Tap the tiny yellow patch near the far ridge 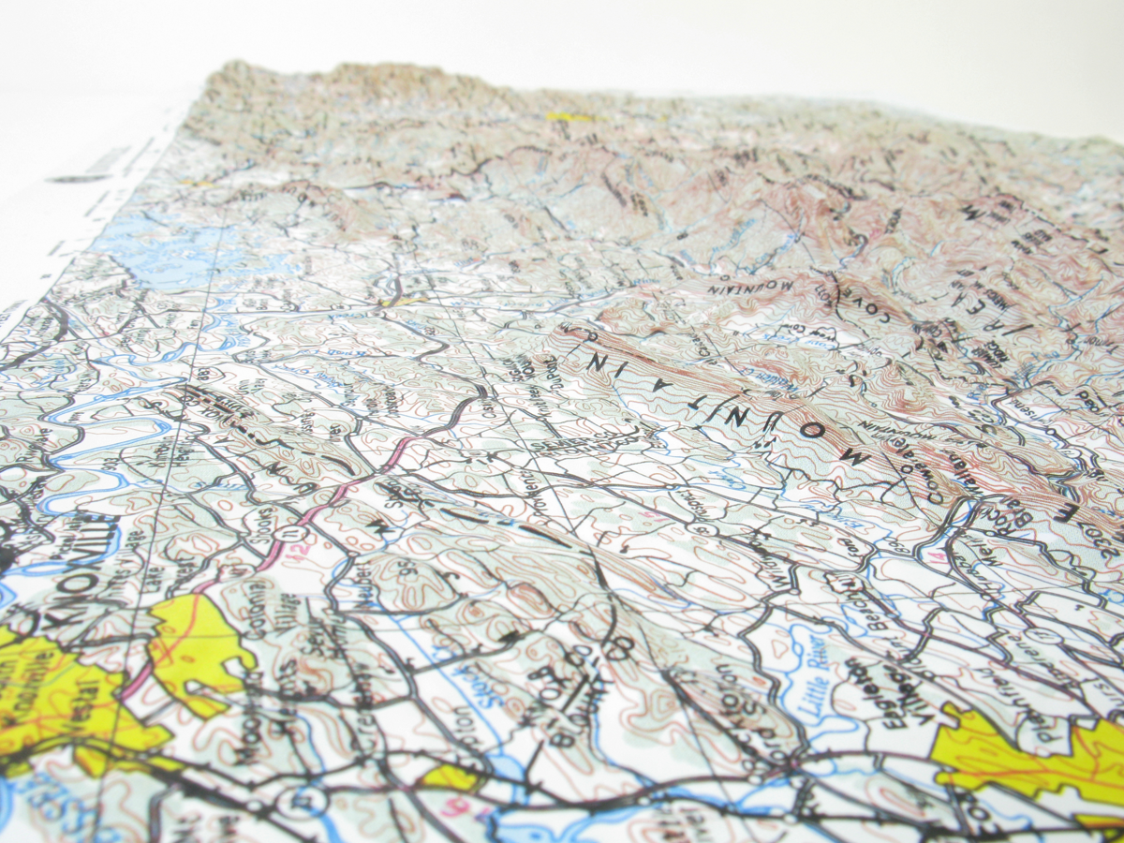[567, 117]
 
